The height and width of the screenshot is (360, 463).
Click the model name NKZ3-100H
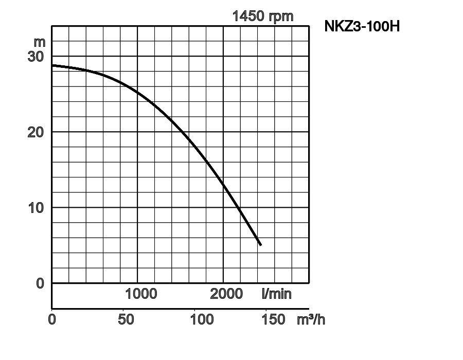click(362, 26)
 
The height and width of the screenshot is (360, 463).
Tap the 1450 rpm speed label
click(263, 16)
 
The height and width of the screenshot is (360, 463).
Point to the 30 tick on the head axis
click(36, 56)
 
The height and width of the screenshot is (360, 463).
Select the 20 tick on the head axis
click(36, 132)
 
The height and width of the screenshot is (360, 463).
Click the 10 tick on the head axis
click(36, 207)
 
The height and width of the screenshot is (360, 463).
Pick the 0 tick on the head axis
click(40, 283)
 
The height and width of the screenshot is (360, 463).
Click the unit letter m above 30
click(39, 41)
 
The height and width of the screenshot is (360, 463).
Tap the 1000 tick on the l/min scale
click(141, 294)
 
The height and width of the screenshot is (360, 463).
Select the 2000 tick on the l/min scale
click(226, 294)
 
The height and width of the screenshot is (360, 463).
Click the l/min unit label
click(276, 294)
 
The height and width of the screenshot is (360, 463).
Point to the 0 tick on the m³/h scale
click(52, 319)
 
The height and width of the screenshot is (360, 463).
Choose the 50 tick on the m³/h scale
click(126, 319)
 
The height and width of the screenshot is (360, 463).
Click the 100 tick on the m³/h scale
click(202, 319)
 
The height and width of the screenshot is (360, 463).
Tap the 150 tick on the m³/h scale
click(273, 319)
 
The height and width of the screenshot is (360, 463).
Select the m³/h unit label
click(311, 319)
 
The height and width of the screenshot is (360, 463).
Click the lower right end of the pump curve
click(260, 244)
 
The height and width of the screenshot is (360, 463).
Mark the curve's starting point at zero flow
click(52, 65)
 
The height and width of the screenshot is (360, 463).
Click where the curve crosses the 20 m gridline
click(183, 132)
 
